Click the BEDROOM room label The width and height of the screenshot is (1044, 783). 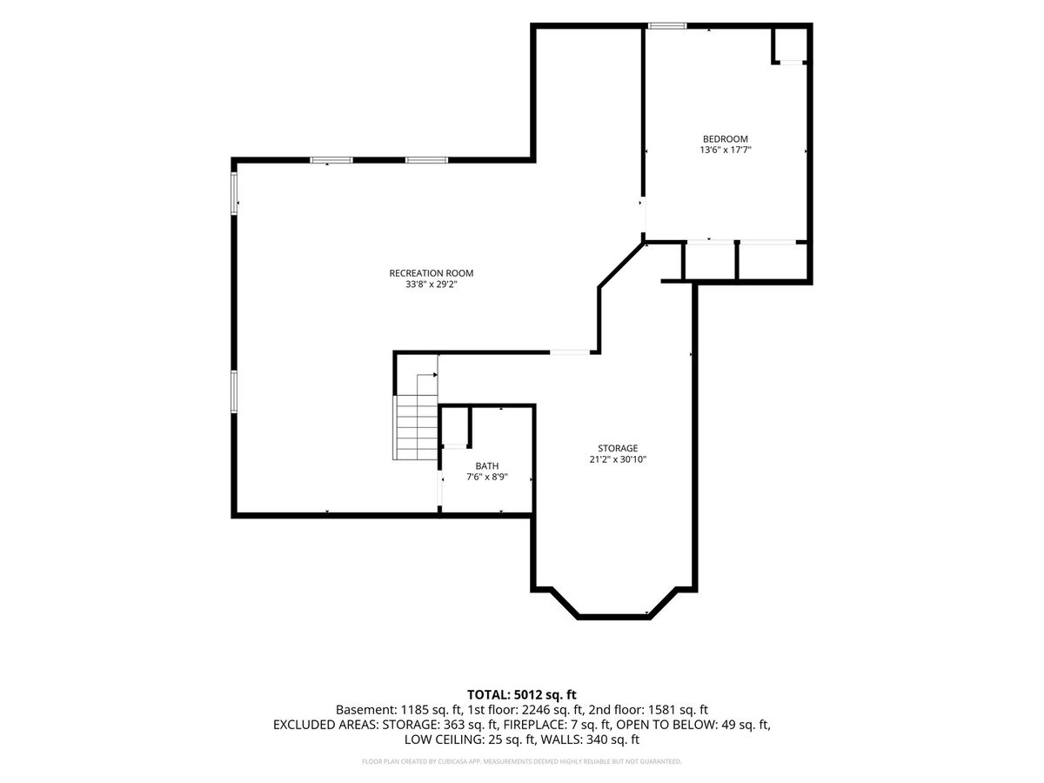tap(725, 139)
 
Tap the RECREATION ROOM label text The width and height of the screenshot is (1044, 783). tap(431, 273)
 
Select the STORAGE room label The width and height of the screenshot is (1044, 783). tap(618, 448)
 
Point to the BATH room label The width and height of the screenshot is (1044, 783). tap(486, 466)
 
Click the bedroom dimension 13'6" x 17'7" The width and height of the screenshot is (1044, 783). tap(725, 151)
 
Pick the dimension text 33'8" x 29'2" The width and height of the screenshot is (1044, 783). tap(431, 284)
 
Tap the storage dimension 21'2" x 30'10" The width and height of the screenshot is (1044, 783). tap(618, 459)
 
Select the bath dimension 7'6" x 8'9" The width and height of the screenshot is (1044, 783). tap(486, 477)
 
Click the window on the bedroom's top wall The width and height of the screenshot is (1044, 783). tap(667, 26)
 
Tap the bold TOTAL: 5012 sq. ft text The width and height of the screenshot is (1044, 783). tap(521, 694)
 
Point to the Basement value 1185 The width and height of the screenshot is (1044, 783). tap(417, 710)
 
